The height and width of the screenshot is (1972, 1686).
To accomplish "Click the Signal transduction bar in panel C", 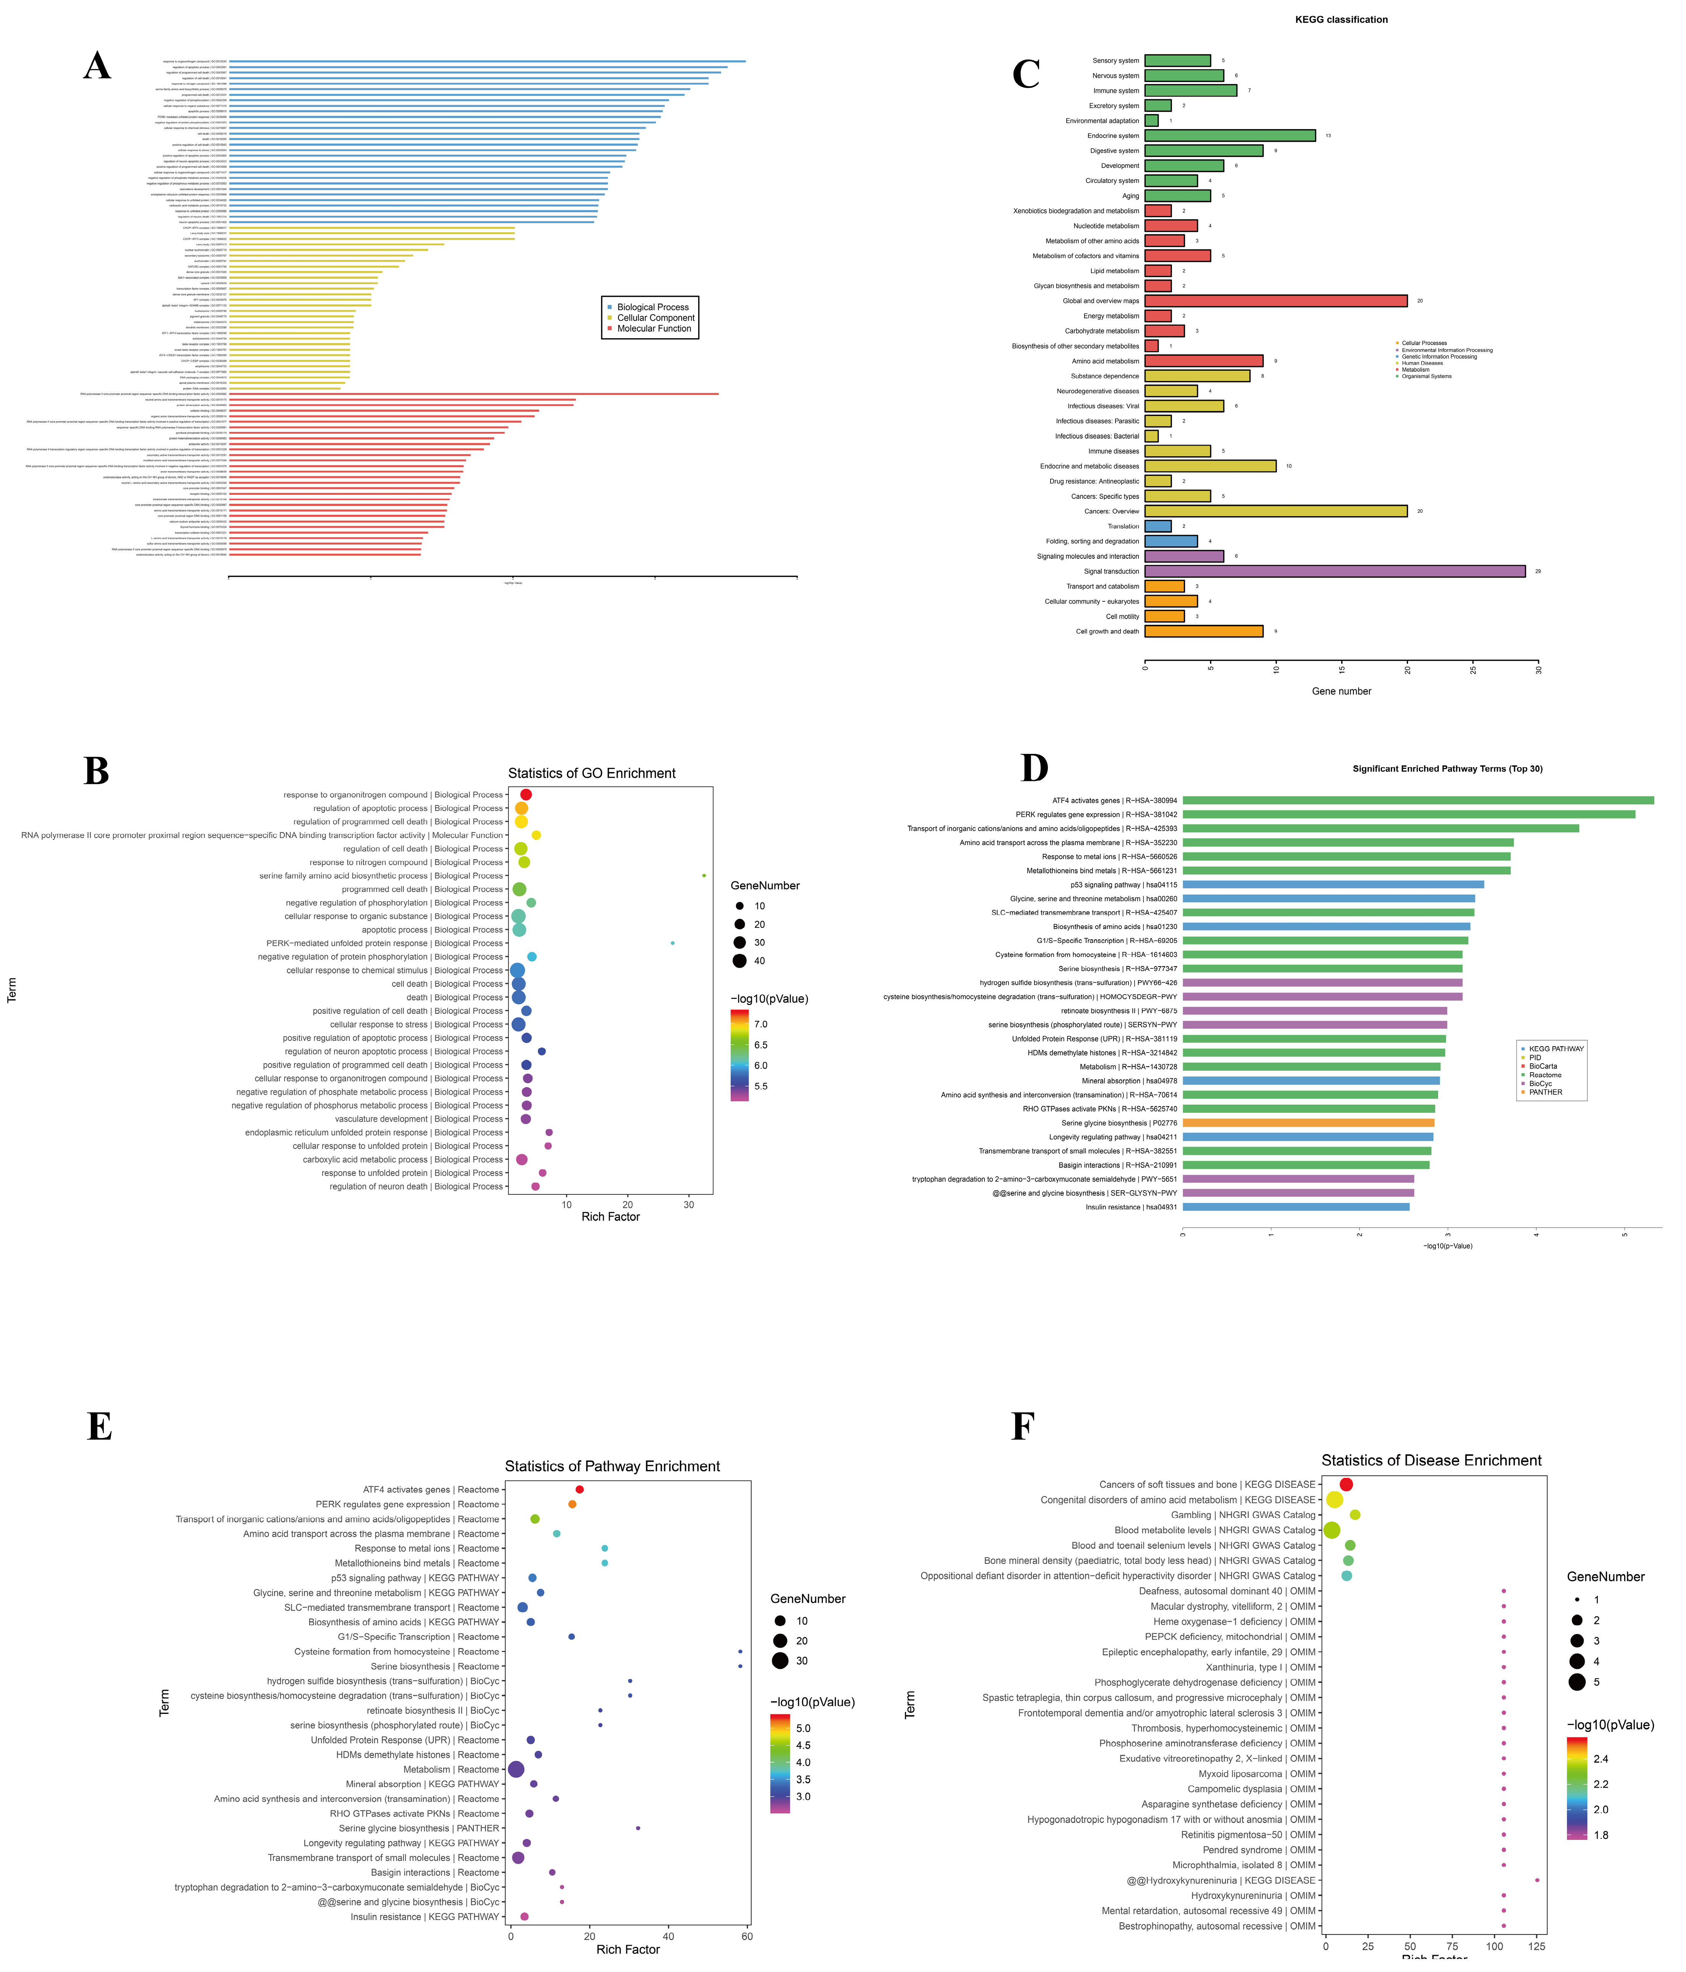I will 1333,571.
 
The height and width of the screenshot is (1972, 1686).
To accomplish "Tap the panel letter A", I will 97,66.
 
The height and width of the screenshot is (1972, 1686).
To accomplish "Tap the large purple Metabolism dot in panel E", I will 516,1769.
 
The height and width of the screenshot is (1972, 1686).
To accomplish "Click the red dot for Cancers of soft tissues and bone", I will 1345,1485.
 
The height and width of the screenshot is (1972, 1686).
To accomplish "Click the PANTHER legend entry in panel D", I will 1545,1093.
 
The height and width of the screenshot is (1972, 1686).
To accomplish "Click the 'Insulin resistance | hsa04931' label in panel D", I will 1131,1207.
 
